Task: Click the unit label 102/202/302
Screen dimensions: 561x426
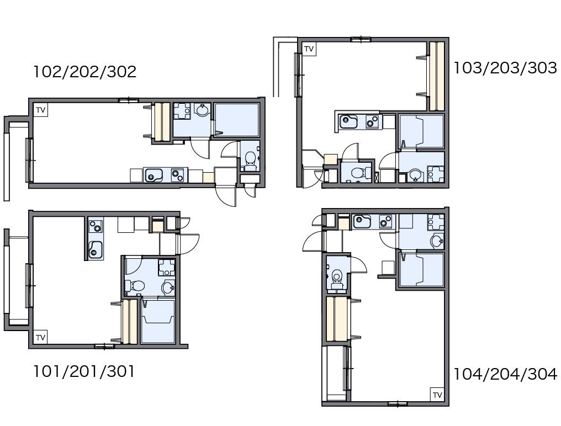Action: coord(85,72)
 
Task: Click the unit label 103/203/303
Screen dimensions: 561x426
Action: coord(505,68)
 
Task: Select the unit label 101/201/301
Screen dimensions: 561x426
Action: coord(84,371)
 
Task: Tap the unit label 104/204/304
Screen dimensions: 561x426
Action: coord(505,374)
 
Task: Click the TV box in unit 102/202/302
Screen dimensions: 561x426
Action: coord(40,110)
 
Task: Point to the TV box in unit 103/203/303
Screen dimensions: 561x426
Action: coord(309,49)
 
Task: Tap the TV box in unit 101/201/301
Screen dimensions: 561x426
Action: coord(40,337)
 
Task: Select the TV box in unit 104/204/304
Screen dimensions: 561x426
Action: coord(437,395)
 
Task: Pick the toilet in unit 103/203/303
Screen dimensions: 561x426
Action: coord(361,173)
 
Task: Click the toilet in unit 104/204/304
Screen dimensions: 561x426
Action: coord(337,279)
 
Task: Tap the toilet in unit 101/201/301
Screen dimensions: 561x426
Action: coord(135,286)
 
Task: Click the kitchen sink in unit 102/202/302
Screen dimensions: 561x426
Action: coord(153,175)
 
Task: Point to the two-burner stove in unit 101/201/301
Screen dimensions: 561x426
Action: coord(95,226)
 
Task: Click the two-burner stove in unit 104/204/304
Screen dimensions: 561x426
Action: coord(385,221)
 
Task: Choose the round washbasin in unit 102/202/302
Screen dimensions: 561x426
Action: coord(203,110)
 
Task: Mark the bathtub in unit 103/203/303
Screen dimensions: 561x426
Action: coord(421,131)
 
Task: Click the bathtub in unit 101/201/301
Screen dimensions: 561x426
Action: coord(158,322)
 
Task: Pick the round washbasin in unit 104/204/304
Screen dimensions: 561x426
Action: coord(437,241)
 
